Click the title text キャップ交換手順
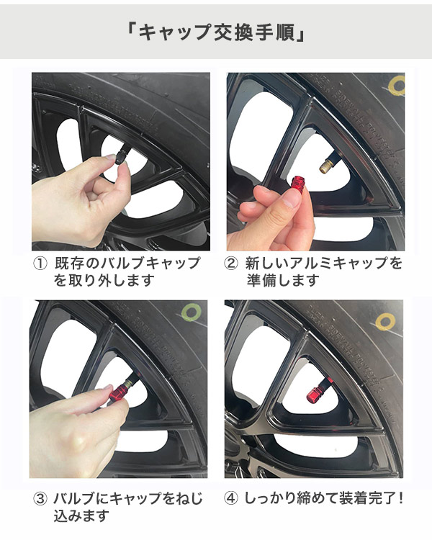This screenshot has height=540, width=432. (x=215, y=32)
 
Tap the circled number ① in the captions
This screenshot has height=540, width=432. (x=40, y=264)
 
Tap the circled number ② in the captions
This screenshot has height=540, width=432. (x=231, y=264)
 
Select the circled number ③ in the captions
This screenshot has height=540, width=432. (x=40, y=499)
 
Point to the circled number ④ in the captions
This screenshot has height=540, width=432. (x=231, y=498)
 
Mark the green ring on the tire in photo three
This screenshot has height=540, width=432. (x=192, y=313)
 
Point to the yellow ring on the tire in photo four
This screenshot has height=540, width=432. (x=384, y=322)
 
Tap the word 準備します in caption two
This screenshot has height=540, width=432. (x=283, y=281)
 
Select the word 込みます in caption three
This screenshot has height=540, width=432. (x=81, y=516)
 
